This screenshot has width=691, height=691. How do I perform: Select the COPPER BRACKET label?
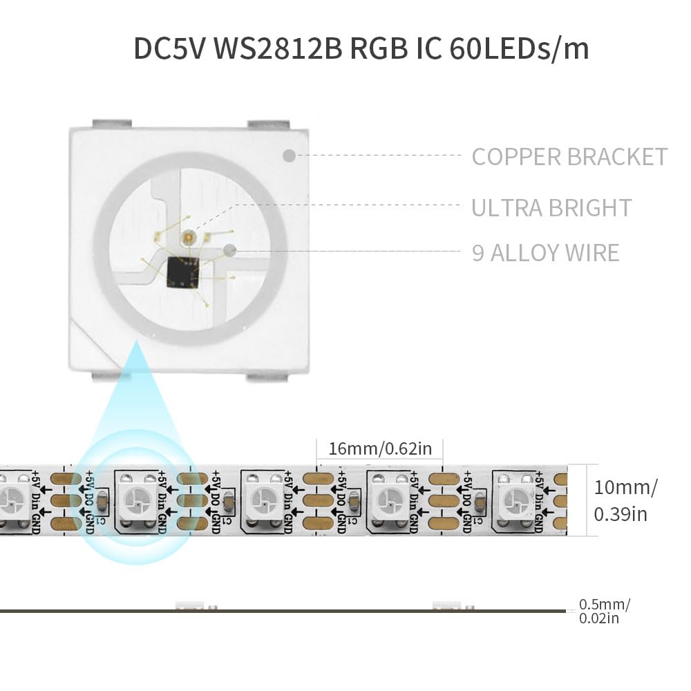[569, 156]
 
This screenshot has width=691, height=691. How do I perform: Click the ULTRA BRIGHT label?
[551, 207]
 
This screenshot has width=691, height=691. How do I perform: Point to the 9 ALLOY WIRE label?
[545, 252]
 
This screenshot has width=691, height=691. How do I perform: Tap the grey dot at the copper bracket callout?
[290, 155]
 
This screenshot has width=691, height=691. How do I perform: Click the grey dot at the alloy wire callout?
[230, 252]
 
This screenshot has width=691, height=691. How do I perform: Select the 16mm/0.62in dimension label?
[380, 448]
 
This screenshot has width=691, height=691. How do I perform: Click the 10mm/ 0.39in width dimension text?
[625, 500]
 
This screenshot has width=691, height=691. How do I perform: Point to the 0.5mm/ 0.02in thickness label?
[605, 611]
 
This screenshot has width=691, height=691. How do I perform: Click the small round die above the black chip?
[187, 237]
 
